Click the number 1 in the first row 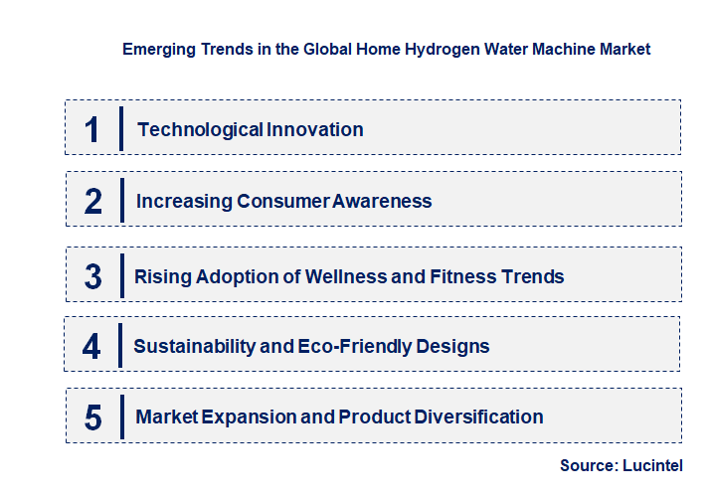click(92, 129)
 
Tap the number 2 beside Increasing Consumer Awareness click(93, 201)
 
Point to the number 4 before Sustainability click(92, 347)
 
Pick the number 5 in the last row click(92, 417)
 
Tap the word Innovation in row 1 click(314, 129)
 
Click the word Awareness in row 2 click(382, 201)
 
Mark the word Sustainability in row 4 click(190, 347)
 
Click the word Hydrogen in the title click(440, 49)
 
